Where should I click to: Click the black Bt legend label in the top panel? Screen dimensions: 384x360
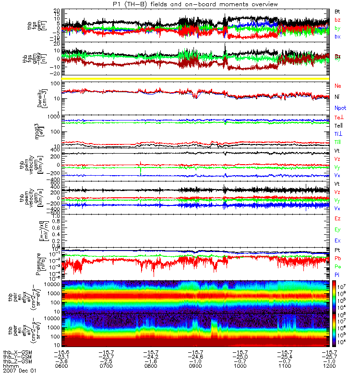(338, 11)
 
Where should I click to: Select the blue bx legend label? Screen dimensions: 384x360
(338, 36)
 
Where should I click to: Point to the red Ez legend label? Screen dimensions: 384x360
(338, 218)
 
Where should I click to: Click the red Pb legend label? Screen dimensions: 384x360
(338, 258)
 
